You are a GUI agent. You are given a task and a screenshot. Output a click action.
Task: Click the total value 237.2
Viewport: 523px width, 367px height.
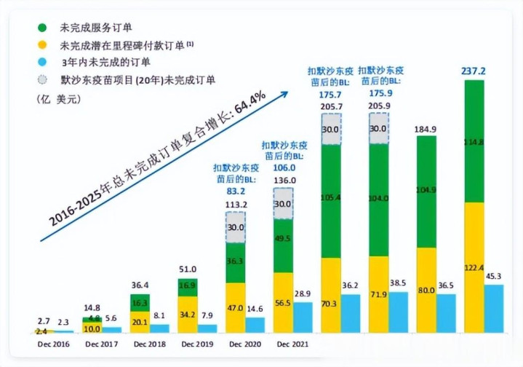coord(474,71)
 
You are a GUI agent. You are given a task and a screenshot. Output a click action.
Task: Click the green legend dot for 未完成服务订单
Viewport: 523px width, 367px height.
coord(43,28)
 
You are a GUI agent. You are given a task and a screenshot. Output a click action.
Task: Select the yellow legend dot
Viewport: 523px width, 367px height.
coord(43,45)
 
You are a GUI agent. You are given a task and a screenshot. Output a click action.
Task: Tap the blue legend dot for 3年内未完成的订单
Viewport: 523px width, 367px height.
coord(43,63)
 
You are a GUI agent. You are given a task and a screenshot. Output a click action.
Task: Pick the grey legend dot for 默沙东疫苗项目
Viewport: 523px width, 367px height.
coord(43,79)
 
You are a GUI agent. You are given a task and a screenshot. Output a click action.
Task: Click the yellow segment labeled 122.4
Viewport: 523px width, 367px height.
coord(474,268)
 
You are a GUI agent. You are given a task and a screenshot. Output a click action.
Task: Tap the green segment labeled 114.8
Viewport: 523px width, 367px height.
coord(474,141)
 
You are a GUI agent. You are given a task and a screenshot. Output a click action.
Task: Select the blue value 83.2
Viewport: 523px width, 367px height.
coord(235,191)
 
